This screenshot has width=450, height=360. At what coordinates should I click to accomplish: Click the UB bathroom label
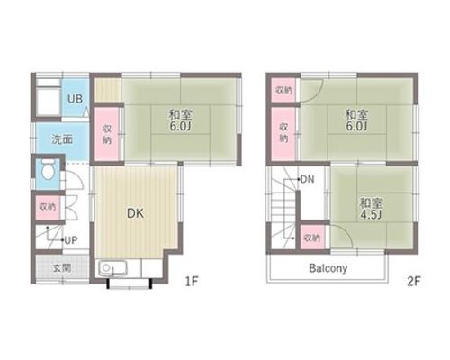(x=75, y=99)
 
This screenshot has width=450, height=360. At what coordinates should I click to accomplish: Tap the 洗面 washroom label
(x=62, y=139)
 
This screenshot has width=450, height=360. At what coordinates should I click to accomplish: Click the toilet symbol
(x=48, y=169)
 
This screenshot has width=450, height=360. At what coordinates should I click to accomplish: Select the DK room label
(x=135, y=213)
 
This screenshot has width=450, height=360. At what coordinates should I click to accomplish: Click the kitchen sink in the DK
(x=112, y=268)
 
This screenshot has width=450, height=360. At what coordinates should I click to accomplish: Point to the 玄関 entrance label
(x=62, y=268)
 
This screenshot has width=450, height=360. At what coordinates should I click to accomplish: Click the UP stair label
(x=71, y=240)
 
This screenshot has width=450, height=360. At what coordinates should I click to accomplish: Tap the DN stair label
(x=307, y=179)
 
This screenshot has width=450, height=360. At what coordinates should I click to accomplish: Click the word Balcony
(x=328, y=268)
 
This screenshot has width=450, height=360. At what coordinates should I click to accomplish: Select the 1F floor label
(x=192, y=282)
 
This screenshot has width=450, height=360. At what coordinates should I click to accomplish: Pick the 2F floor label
(x=414, y=282)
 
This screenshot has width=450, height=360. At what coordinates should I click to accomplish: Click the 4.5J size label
(x=371, y=215)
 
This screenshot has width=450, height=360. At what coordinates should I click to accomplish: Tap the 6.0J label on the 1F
(x=180, y=126)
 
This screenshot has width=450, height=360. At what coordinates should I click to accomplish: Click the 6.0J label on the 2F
(x=356, y=126)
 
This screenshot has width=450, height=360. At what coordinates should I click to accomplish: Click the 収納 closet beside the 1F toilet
(x=48, y=207)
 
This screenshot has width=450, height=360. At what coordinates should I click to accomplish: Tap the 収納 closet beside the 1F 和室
(x=107, y=134)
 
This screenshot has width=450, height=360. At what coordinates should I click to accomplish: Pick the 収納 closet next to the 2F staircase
(x=312, y=238)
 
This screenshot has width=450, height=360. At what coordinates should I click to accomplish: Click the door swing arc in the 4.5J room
(x=345, y=231)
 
